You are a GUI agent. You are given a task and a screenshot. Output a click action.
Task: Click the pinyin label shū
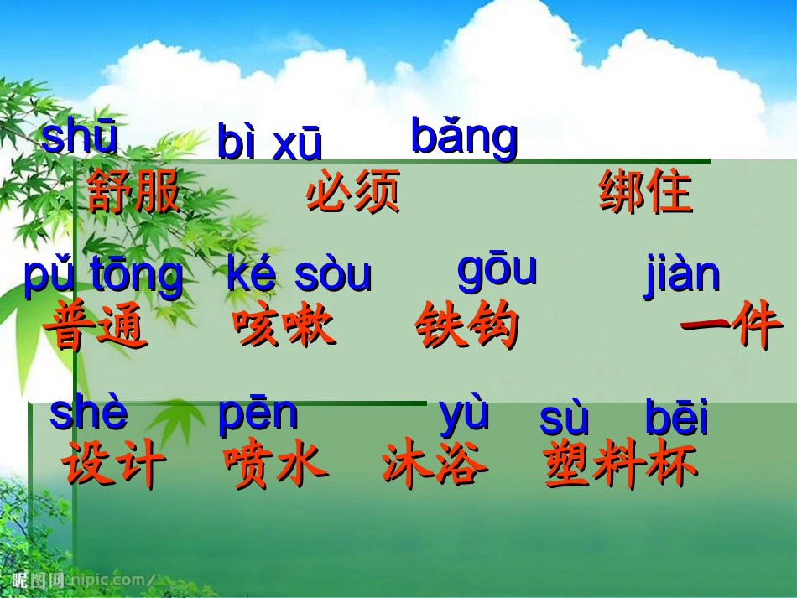click(x=80, y=138)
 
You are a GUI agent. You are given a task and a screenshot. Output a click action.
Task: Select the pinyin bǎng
click(x=464, y=137)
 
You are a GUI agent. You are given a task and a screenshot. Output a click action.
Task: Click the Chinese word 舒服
click(x=134, y=191)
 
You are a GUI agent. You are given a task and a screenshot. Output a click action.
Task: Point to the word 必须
click(x=353, y=191)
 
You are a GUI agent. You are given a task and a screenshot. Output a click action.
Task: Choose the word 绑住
click(x=645, y=192)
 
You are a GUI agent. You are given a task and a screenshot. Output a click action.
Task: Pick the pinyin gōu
click(x=497, y=270)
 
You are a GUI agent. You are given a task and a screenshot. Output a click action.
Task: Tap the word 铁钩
click(x=467, y=326)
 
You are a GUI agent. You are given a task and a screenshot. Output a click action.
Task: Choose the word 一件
click(x=730, y=326)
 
